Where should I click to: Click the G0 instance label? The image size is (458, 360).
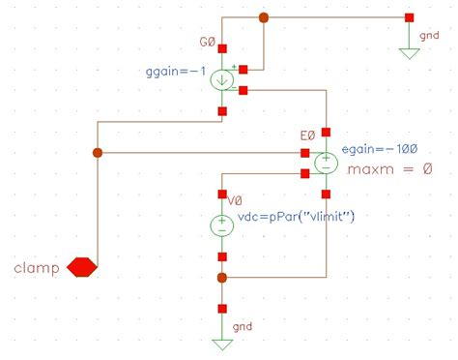pyautogui.click(x=209, y=43)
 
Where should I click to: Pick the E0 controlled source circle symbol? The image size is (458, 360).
pyautogui.click(x=327, y=162)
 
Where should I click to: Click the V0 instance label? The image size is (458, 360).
pyautogui.click(x=234, y=200)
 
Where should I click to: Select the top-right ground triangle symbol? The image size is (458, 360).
pyautogui.click(x=410, y=52)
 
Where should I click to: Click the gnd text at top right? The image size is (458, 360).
pyautogui.click(x=428, y=35)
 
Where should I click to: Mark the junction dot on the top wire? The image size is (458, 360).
pyautogui.click(x=264, y=17)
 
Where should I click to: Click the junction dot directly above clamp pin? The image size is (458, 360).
pyautogui.click(x=96, y=153)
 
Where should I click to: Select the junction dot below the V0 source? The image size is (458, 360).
pyautogui.click(x=222, y=278)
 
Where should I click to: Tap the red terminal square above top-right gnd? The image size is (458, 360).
pyautogui.click(x=410, y=17)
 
